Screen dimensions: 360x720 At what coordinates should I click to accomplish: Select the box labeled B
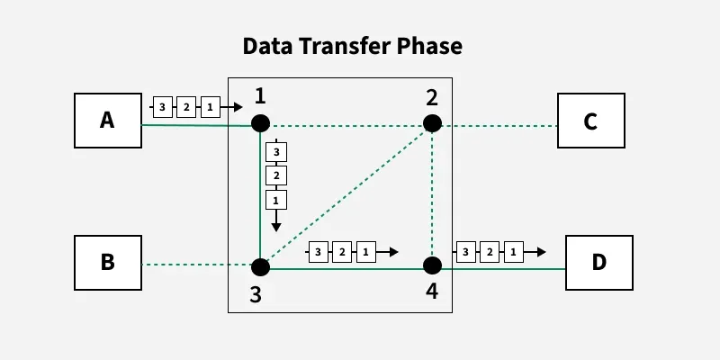[107, 263]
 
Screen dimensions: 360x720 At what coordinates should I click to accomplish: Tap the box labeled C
[590, 120]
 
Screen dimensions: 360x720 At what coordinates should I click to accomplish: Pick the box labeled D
[598, 263]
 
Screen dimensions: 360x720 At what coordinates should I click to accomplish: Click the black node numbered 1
[260, 123]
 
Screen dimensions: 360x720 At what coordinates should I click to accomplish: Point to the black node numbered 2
[432, 123]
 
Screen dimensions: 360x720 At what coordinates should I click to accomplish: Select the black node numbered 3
[260, 266]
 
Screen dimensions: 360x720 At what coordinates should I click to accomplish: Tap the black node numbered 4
[432, 265]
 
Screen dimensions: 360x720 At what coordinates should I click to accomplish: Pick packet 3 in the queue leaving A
[162, 107]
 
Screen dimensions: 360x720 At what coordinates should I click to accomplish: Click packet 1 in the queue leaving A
[209, 107]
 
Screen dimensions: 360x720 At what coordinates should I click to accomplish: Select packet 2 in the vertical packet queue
[276, 175]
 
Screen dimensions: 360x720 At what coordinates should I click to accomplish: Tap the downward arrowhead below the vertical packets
[276, 226]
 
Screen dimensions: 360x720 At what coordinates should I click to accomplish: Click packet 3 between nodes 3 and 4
[318, 252]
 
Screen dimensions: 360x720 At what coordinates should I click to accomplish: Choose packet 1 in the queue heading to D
[512, 252]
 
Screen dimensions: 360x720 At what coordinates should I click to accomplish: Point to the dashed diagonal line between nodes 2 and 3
[346, 194]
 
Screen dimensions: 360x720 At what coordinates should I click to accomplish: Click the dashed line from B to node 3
[198, 265]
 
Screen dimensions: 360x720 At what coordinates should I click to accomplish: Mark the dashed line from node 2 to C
[499, 125]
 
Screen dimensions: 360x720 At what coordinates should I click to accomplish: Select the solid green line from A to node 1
[198, 125]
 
